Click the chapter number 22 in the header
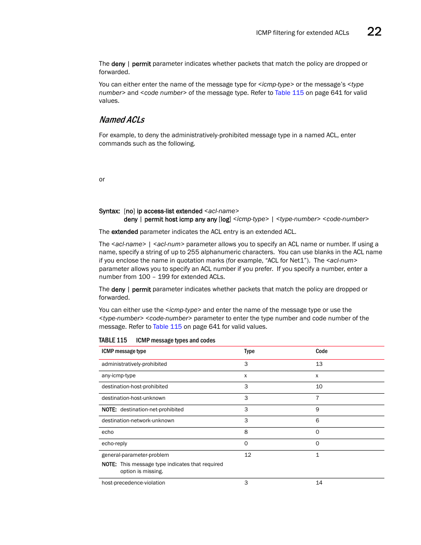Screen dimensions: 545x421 374,31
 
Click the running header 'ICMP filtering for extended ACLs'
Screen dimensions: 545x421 302,33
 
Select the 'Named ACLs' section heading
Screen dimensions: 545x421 122,120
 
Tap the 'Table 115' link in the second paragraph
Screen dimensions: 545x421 289,93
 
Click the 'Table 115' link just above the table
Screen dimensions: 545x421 167,327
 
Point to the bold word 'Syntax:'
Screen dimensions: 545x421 109,211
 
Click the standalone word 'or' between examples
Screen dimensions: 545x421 102,179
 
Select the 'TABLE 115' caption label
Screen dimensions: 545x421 113,340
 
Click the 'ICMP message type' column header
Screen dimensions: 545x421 124,351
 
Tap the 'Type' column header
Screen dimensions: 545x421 249,351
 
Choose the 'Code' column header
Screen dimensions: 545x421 321,351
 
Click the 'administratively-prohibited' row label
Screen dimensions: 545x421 134,364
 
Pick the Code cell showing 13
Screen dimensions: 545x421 319,364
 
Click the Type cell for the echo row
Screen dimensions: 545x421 246,432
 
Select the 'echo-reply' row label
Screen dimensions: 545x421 114,444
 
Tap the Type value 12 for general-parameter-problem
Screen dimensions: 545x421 248,455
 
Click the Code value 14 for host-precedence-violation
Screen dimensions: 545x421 319,483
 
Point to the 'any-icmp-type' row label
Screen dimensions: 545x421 119,376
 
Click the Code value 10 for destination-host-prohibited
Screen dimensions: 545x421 319,387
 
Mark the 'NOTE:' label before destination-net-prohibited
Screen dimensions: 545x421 109,410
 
